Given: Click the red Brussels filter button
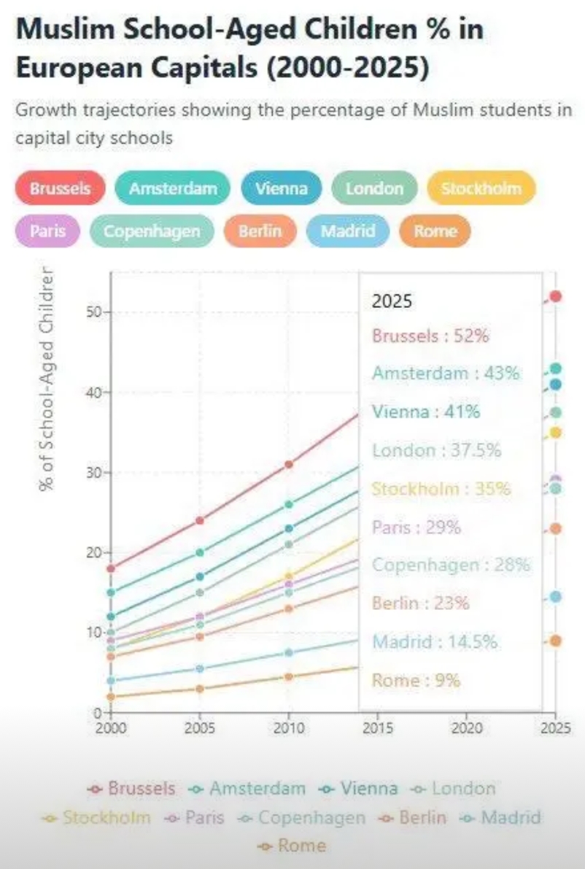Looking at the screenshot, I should point(60,188).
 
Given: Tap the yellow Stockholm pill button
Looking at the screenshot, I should point(481,188).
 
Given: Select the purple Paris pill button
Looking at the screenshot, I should point(48,231).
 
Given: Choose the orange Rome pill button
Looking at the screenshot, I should point(435,231).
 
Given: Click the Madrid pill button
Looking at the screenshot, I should point(348,231).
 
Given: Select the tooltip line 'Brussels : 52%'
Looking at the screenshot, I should point(430,336).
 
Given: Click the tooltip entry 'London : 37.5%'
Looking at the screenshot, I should point(436,450).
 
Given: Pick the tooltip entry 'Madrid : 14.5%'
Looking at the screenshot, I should point(435,642).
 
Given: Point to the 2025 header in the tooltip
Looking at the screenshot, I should point(392,301).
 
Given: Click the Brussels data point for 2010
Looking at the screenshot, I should point(289,464).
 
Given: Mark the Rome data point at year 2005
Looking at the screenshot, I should point(200,689).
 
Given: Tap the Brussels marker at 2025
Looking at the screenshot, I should point(556,296).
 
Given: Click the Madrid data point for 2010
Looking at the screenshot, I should point(289,652).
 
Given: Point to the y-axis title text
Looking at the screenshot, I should point(47,379).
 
